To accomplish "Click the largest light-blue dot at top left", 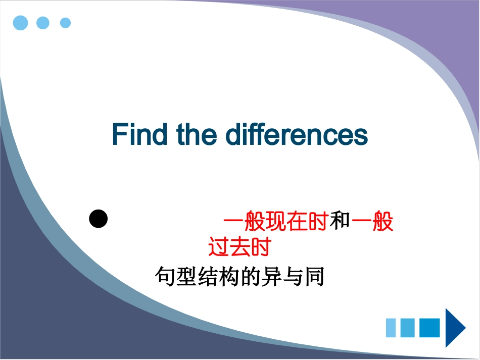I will click(x=20, y=23).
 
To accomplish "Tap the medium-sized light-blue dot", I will click(x=43, y=23).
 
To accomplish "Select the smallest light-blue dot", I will click(x=65, y=23).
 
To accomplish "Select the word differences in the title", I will click(x=297, y=134).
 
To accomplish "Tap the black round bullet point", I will click(x=99, y=219).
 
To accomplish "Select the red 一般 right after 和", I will click(x=372, y=222).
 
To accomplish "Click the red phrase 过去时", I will click(x=239, y=247).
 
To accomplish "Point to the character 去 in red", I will click(x=239, y=247).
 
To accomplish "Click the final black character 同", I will click(x=314, y=277).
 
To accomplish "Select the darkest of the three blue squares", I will click(x=429, y=328).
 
